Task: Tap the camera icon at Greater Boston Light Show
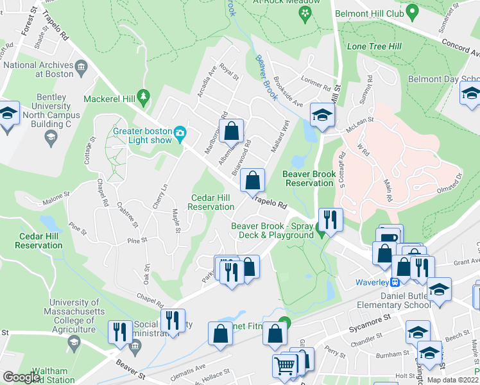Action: [180, 133]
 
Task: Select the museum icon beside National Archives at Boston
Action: [81, 67]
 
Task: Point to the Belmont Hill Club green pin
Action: [413, 11]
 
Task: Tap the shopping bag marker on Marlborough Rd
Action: [233, 131]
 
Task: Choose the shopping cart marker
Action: [284, 366]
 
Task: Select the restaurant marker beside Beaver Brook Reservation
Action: [330, 219]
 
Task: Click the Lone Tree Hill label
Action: [373, 47]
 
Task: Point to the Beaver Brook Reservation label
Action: [309, 178]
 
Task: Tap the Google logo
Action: [21, 377]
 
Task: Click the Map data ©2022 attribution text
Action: [452, 380]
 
